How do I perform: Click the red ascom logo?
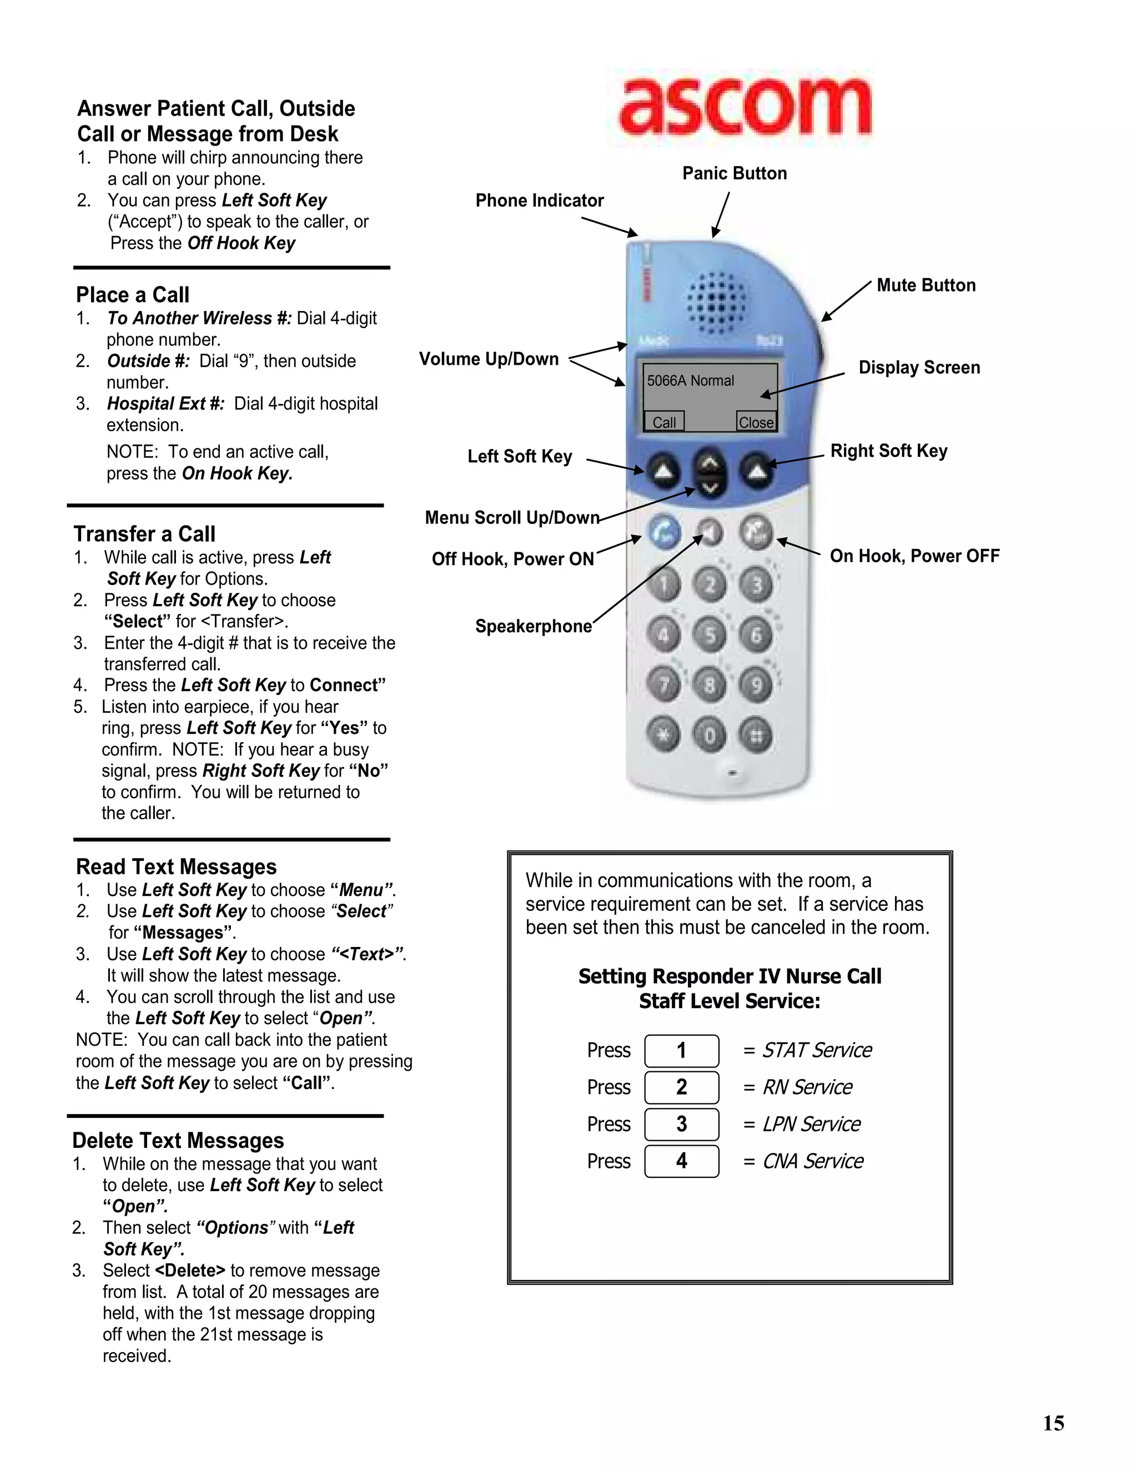744,108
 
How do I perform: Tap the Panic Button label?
734,174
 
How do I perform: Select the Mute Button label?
925,285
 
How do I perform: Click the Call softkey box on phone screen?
664,422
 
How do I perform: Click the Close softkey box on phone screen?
756,422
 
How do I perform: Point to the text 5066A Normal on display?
691,381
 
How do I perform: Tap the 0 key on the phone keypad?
710,735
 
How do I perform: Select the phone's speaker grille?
716,303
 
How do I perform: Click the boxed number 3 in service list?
682,1124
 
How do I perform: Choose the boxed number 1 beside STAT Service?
682,1051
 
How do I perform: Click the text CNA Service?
812,1161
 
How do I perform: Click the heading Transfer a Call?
145,534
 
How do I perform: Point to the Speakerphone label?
534,626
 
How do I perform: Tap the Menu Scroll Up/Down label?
512,518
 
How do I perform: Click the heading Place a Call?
133,295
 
